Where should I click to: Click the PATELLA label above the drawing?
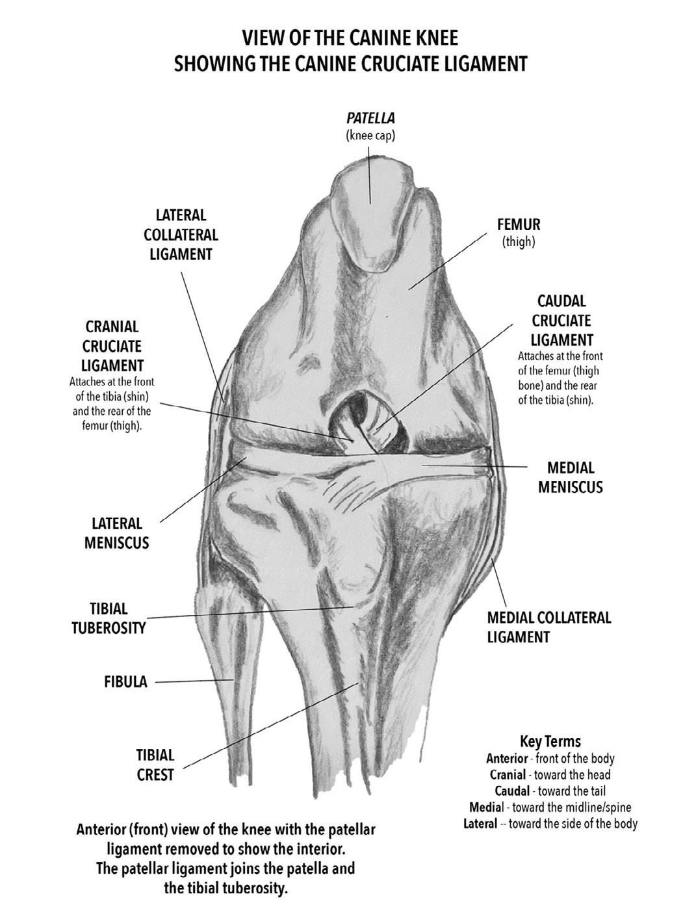370,118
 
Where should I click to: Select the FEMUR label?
519,225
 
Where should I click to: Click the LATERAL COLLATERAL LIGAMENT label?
181,234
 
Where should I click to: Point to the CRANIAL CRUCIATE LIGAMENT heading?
112,346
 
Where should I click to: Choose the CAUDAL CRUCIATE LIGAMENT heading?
561,321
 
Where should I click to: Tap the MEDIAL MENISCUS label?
570,477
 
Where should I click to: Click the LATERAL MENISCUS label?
116,533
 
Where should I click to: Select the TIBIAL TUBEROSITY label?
109,618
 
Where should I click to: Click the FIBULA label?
125,682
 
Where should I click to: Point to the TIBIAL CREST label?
155,765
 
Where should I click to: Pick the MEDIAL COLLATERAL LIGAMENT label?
549,627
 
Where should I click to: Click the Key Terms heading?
550,741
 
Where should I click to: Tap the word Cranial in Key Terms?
509,775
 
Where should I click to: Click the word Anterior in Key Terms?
507,758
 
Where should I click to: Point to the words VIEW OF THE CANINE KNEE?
350,38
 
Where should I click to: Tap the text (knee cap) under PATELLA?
370,136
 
